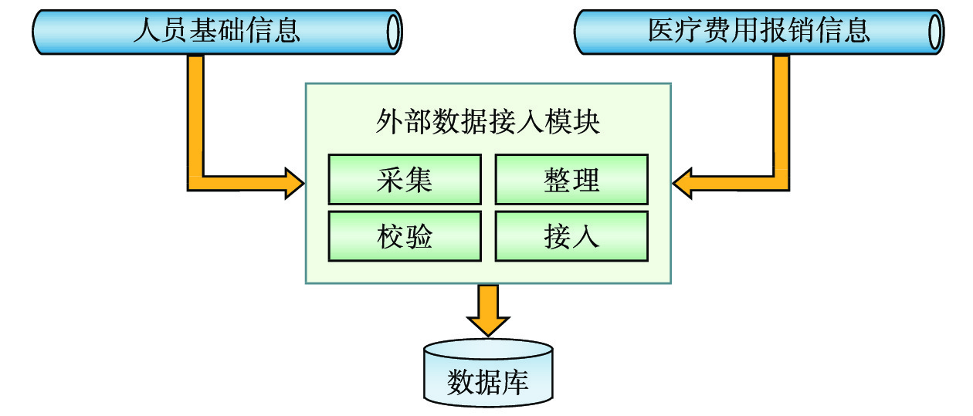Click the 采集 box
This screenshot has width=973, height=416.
click(404, 180)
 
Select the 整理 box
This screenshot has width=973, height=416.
click(571, 180)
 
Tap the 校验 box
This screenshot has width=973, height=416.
click(404, 236)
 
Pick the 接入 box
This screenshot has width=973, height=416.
click(571, 236)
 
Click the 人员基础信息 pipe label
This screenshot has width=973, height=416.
click(216, 31)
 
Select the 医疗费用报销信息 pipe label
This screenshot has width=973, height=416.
click(759, 31)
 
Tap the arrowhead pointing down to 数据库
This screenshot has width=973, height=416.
click(488, 323)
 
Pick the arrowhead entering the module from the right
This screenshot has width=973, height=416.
click(683, 182)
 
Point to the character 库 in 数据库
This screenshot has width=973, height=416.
click(516, 382)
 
